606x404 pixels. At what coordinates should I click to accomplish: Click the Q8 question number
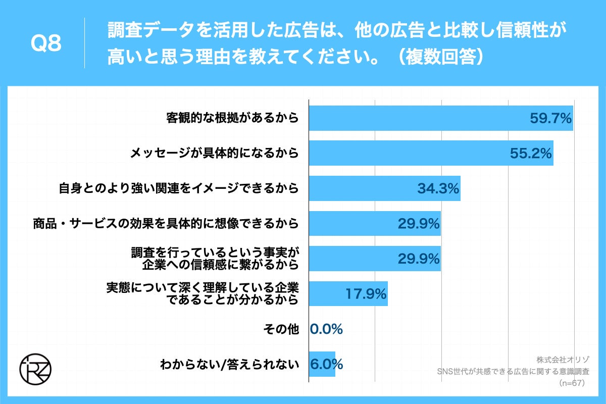[46, 44]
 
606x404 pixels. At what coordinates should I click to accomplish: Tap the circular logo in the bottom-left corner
[35, 371]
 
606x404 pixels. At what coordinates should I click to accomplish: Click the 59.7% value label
[550, 118]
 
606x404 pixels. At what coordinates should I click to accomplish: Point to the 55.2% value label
[530, 154]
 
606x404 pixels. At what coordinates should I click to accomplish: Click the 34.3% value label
[438, 189]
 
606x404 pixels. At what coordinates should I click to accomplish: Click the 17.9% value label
[366, 293]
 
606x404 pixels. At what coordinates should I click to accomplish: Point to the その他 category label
[281, 329]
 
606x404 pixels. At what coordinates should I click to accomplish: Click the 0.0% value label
[327, 329]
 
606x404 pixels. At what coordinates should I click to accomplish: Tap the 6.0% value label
[327, 364]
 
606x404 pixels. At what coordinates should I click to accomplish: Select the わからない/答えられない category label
[229, 364]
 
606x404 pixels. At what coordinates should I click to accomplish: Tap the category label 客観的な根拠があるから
[232, 118]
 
